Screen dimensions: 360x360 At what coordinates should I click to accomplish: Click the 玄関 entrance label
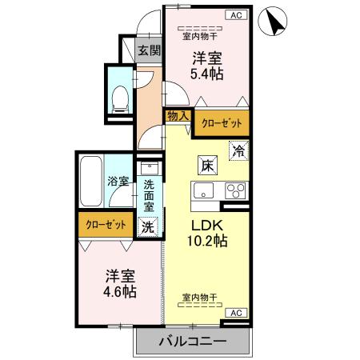click(x=149, y=50)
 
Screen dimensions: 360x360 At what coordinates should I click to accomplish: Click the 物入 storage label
click(x=178, y=116)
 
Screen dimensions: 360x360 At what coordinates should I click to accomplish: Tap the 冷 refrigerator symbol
click(x=238, y=150)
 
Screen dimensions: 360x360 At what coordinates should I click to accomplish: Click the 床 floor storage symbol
click(x=206, y=166)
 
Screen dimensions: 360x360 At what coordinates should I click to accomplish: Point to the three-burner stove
click(x=236, y=191)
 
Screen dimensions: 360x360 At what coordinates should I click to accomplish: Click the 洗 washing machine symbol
click(x=148, y=226)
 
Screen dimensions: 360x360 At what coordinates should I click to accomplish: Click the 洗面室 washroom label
click(x=150, y=194)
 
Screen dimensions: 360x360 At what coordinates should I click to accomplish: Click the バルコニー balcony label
click(x=192, y=341)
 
